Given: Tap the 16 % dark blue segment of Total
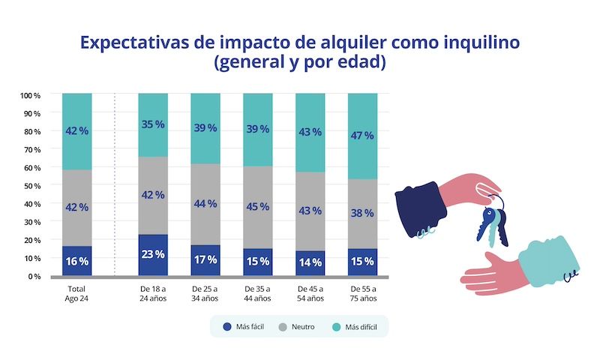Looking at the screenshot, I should click(x=77, y=261).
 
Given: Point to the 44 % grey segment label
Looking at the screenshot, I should click(x=205, y=204).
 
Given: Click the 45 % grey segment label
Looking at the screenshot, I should click(x=258, y=206).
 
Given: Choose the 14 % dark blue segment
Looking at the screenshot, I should click(x=310, y=262).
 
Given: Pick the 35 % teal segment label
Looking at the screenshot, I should click(x=153, y=124).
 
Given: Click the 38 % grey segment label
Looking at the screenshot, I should click(x=363, y=213).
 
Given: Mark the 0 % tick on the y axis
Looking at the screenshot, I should click(x=33, y=276).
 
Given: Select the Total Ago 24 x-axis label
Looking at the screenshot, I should click(x=77, y=292).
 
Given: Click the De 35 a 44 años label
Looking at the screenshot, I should click(x=258, y=292).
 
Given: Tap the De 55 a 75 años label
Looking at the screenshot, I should click(x=363, y=292).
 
